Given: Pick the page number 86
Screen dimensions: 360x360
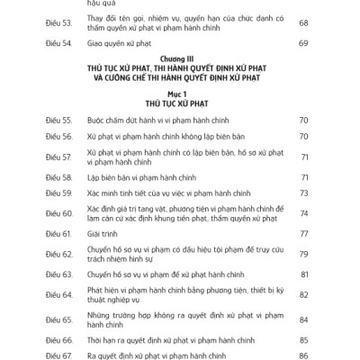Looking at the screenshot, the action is [302, 356].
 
